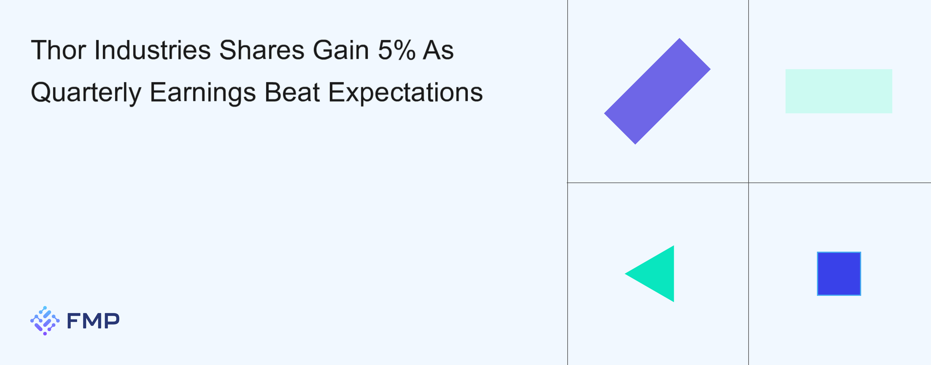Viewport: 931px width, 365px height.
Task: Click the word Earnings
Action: [203, 93]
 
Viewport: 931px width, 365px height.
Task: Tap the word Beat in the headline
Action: [292, 92]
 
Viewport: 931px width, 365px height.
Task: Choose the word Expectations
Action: [405, 93]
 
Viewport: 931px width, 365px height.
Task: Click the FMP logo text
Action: [93, 321]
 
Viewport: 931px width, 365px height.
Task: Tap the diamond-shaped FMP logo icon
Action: [45, 321]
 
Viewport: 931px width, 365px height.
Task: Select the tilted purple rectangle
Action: [657, 91]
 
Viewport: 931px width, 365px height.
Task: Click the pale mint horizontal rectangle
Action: [838, 91]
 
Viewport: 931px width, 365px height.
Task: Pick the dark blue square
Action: [839, 274]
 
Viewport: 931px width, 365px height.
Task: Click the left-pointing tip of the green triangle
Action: [625, 274]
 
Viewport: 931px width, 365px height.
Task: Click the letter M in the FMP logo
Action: [93, 321]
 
